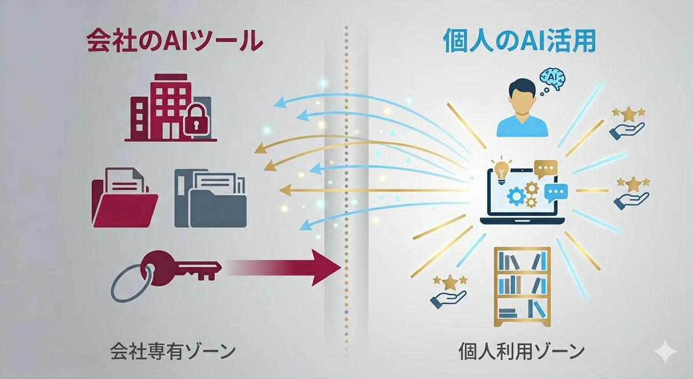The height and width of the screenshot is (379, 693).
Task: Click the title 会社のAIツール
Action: click(175, 41)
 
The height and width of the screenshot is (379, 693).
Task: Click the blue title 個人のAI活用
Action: click(519, 41)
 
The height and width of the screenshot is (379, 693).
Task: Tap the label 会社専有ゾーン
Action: click(173, 351)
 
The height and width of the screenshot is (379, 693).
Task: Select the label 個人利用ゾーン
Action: click(521, 351)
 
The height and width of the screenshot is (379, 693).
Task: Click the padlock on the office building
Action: click(196, 119)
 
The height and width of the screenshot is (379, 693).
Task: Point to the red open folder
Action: click(125, 198)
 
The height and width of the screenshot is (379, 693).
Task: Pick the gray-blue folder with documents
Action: click(211, 198)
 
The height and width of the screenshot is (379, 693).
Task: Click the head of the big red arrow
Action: click(326, 267)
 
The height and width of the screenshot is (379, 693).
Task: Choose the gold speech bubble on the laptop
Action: click(546, 169)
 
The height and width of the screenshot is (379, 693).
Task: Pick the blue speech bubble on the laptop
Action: click(556, 193)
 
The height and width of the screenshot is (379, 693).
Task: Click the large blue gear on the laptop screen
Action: click(516, 197)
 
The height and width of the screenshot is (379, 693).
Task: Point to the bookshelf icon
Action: click(522, 287)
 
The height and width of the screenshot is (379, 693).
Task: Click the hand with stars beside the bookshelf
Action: click(449, 291)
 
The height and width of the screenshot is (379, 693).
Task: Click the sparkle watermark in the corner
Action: click(665, 351)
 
